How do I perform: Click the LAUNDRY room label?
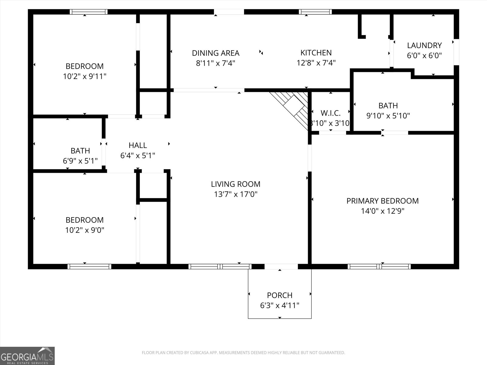point(424,45)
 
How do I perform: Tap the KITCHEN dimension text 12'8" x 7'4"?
point(316,63)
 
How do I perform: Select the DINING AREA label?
point(215,53)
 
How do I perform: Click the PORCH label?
point(279,295)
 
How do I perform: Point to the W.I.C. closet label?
point(331,113)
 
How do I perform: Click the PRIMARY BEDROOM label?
point(382,201)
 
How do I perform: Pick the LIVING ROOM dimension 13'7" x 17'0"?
point(236,194)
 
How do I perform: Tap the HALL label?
point(138,145)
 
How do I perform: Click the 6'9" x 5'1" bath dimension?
point(80,161)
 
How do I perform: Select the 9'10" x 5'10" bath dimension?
point(388,116)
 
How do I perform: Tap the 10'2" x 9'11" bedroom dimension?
point(84,76)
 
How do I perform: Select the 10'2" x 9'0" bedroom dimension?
point(84,230)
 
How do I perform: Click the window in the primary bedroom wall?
point(379,266)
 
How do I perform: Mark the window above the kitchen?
point(315,12)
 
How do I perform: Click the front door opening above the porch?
point(281,266)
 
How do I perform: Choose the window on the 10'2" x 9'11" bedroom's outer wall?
point(89,12)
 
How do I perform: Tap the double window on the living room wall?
point(220,266)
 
